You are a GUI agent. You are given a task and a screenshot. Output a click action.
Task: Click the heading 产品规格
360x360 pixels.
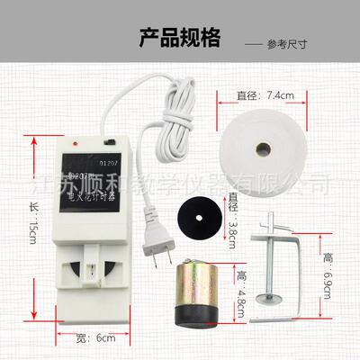[x=180, y=38]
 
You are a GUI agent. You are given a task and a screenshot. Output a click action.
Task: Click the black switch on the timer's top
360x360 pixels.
[x=110, y=142]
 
